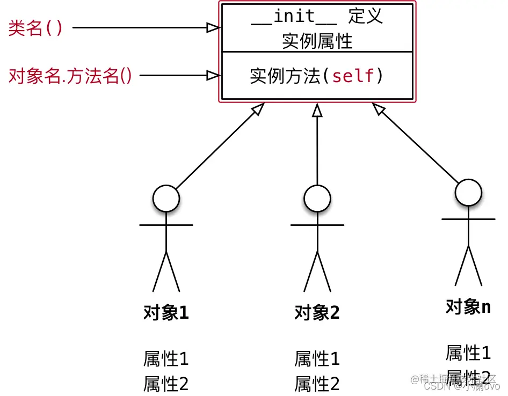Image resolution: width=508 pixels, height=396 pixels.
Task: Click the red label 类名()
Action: [x=35, y=27]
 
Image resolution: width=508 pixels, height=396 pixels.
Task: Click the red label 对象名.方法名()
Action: [x=70, y=76]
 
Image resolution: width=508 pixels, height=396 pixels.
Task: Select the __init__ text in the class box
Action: [x=294, y=16]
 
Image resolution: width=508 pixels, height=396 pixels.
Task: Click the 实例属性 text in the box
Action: [x=317, y=41]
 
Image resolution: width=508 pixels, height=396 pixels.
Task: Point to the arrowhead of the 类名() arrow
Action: [x=214, y=27]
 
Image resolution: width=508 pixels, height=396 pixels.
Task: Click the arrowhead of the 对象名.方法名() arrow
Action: [x=214, y=76]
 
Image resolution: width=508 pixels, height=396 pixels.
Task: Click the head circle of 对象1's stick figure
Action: [x=166, y=199]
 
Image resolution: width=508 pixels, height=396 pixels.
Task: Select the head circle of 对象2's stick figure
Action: [x=317, y=199]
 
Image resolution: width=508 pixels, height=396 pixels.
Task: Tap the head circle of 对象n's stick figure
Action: [x=468, y=192]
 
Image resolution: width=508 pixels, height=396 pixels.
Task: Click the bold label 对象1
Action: [x=166, y=312]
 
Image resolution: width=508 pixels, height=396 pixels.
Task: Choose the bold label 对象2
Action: [x=317, y=312]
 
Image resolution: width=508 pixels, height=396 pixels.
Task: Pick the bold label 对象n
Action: [x=468, y=306]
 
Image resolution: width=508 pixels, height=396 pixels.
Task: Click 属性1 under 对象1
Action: [x=166, y=358]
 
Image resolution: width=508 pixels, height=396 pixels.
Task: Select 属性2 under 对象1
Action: [x=166, y=384]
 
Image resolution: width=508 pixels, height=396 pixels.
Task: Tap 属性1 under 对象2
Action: [x=317, y=358]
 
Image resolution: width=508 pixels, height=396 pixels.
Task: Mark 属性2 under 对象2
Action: [x=317, y=384]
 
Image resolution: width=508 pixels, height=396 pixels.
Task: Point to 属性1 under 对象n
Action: [x=468, y=353]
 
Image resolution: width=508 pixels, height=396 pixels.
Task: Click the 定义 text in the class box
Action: [x=365, y=16]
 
